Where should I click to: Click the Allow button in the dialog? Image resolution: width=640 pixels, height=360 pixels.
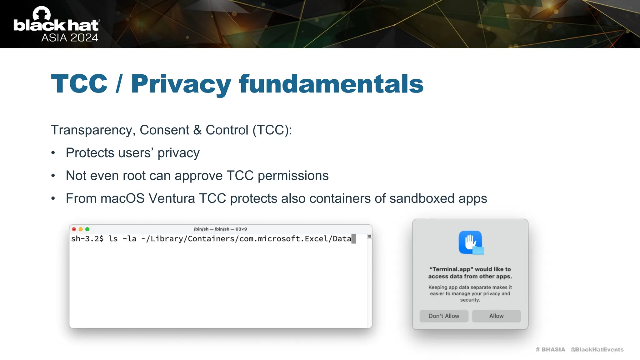coord(496,316)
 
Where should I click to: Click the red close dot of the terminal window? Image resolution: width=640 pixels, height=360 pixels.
coord(74,229)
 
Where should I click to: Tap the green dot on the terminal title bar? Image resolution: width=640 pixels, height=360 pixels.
coord(87,229)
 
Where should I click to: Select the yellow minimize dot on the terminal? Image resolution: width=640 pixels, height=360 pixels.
coord(81,229)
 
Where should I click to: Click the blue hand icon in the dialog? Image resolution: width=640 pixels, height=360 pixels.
coord(470,242)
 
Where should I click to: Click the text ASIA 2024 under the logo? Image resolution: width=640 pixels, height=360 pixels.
coord(70,38)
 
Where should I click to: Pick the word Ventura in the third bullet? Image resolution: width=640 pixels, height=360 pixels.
coord(172,198)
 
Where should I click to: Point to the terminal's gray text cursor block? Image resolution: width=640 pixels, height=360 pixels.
coord(354,239)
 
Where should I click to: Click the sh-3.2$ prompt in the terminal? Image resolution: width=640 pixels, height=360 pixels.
coord(87,239)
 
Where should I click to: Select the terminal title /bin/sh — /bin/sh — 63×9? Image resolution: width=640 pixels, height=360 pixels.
coord(220,229)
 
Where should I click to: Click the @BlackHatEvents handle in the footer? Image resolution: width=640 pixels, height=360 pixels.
coord(597,350)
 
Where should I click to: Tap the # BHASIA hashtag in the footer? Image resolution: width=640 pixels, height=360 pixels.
coord(550,350)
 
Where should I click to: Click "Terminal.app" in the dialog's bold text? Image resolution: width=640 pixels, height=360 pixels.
coord(450,269)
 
